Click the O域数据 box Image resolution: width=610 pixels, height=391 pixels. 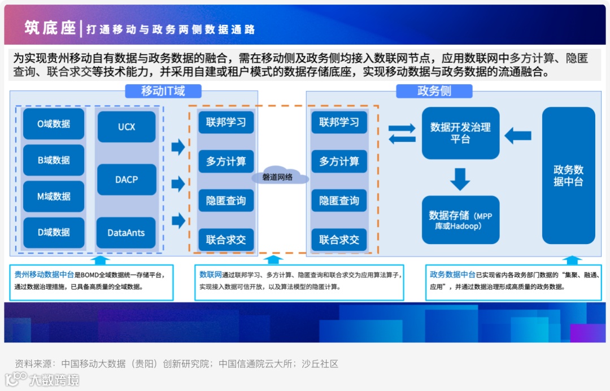click(x=54, y=124)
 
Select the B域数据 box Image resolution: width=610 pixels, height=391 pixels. click(x=54, y=160)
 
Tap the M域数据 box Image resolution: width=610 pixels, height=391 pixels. click(x=54, y=197)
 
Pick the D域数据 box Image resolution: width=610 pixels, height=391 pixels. click(x=54, y=232)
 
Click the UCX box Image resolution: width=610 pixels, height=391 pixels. click(x=127, y=127)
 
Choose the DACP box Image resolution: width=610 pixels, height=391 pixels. click(x=127, y=180)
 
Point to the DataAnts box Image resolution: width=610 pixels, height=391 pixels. click(x=126, y=232)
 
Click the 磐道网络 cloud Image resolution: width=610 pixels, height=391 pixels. click(x=277, y=177)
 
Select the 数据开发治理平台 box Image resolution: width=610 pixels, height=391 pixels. click(x=460, y=133)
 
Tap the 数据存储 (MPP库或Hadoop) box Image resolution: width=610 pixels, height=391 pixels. click(x=460, y=220)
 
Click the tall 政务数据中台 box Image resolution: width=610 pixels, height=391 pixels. click(x=568, y=176)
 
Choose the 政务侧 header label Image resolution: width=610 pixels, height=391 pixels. click(x=434, y=91)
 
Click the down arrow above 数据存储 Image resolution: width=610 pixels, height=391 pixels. click(x=460, y=179)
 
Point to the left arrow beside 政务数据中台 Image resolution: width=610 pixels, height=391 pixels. click(x=517, y=136)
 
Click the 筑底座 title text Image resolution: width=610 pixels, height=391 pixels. click(x=50, y=28)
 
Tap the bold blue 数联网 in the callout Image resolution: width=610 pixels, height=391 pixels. click(x=210, y=275)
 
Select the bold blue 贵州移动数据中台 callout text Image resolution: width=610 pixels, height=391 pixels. click(x=44, y=275)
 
